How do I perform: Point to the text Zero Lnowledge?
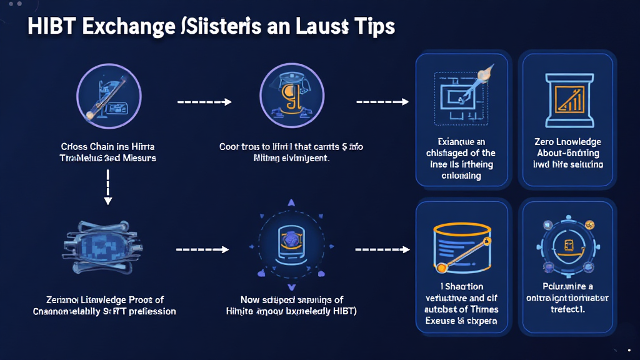coord(567,142)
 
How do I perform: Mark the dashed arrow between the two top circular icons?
coord(204,101)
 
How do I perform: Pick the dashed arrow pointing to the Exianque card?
coord(382,101)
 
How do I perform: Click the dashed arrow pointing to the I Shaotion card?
coord(382,249)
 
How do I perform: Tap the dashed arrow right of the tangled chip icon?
coord(204,249)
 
